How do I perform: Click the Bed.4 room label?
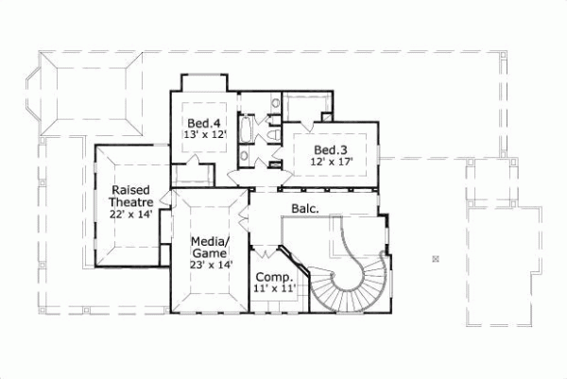click(x=199, y=123)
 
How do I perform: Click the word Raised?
click(x=129, y=188)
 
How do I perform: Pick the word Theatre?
click(x=129, y=201)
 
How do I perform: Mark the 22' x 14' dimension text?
click(x=129, y=215)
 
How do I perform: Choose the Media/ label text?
click(x=209, y=240)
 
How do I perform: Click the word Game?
click(x=209, y=253)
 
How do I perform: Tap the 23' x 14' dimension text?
click(x=209, y=267)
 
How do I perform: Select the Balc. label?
click(x=304, y=208)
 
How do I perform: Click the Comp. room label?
click(x=273, y=277)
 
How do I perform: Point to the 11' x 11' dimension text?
click(x=273, y=290)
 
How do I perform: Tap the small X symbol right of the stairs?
click(x=436, y=258)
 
